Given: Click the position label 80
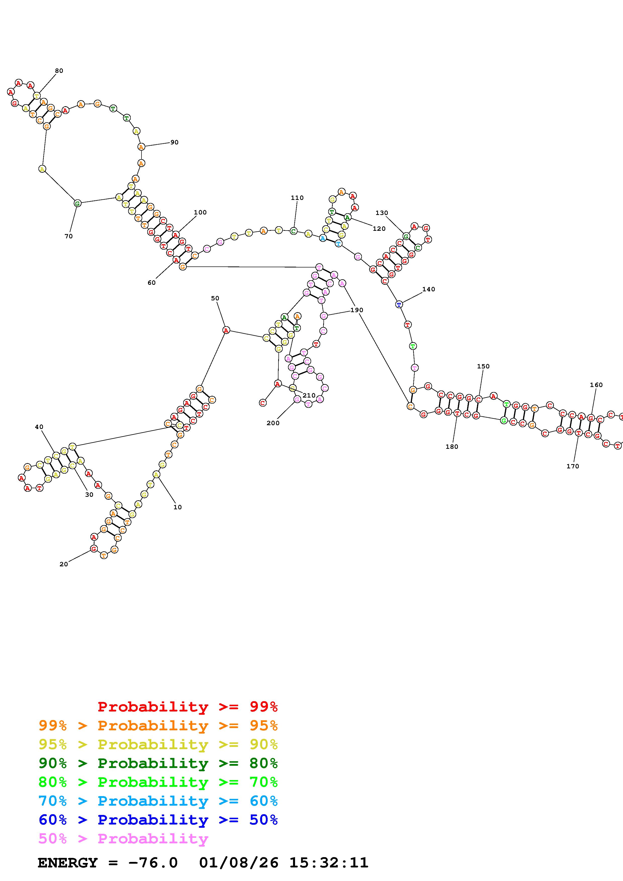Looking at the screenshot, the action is tap(59, 71).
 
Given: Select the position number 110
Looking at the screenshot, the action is tap(297, 198).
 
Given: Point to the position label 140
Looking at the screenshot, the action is tap(428, 289).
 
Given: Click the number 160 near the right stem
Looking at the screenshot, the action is tap(596, 385).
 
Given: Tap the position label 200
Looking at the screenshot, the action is tap(273, 423).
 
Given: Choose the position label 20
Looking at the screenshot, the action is tap(64, 564).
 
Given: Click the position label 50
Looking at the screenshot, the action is tap(215, 298).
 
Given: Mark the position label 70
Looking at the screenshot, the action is tap(69, 236).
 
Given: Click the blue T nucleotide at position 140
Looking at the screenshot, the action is tap(399, 305).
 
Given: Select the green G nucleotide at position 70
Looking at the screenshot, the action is tap(77, 203).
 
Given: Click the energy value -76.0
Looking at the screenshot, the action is tap(154, 863).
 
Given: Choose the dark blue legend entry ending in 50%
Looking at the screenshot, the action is tap(158, 820).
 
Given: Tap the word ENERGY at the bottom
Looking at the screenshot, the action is tap(68, 863).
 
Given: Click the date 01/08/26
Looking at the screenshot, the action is tap(239, 863).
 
